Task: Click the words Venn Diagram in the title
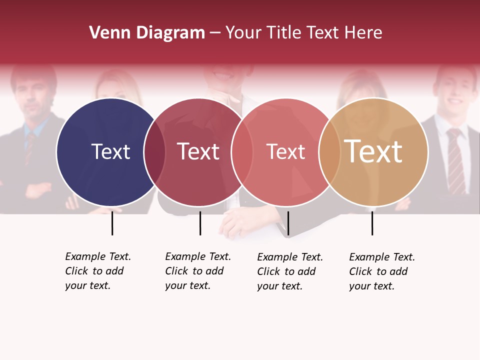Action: (146, 33)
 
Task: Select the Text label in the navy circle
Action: (110, 151)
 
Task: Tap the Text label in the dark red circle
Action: (198, 151)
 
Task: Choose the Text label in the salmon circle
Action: (285, 151)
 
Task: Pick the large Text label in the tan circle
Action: (373, 151)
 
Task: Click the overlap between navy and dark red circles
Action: (154, 152)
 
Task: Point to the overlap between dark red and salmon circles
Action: (242, 152)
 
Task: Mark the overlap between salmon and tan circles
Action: (329, 152)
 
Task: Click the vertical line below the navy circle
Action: (112, 223)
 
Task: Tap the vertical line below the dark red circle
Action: (200, 223)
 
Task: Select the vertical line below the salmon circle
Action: (288, 223)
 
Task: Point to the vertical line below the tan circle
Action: (372, 223)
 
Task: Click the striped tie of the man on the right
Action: (455, 160)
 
